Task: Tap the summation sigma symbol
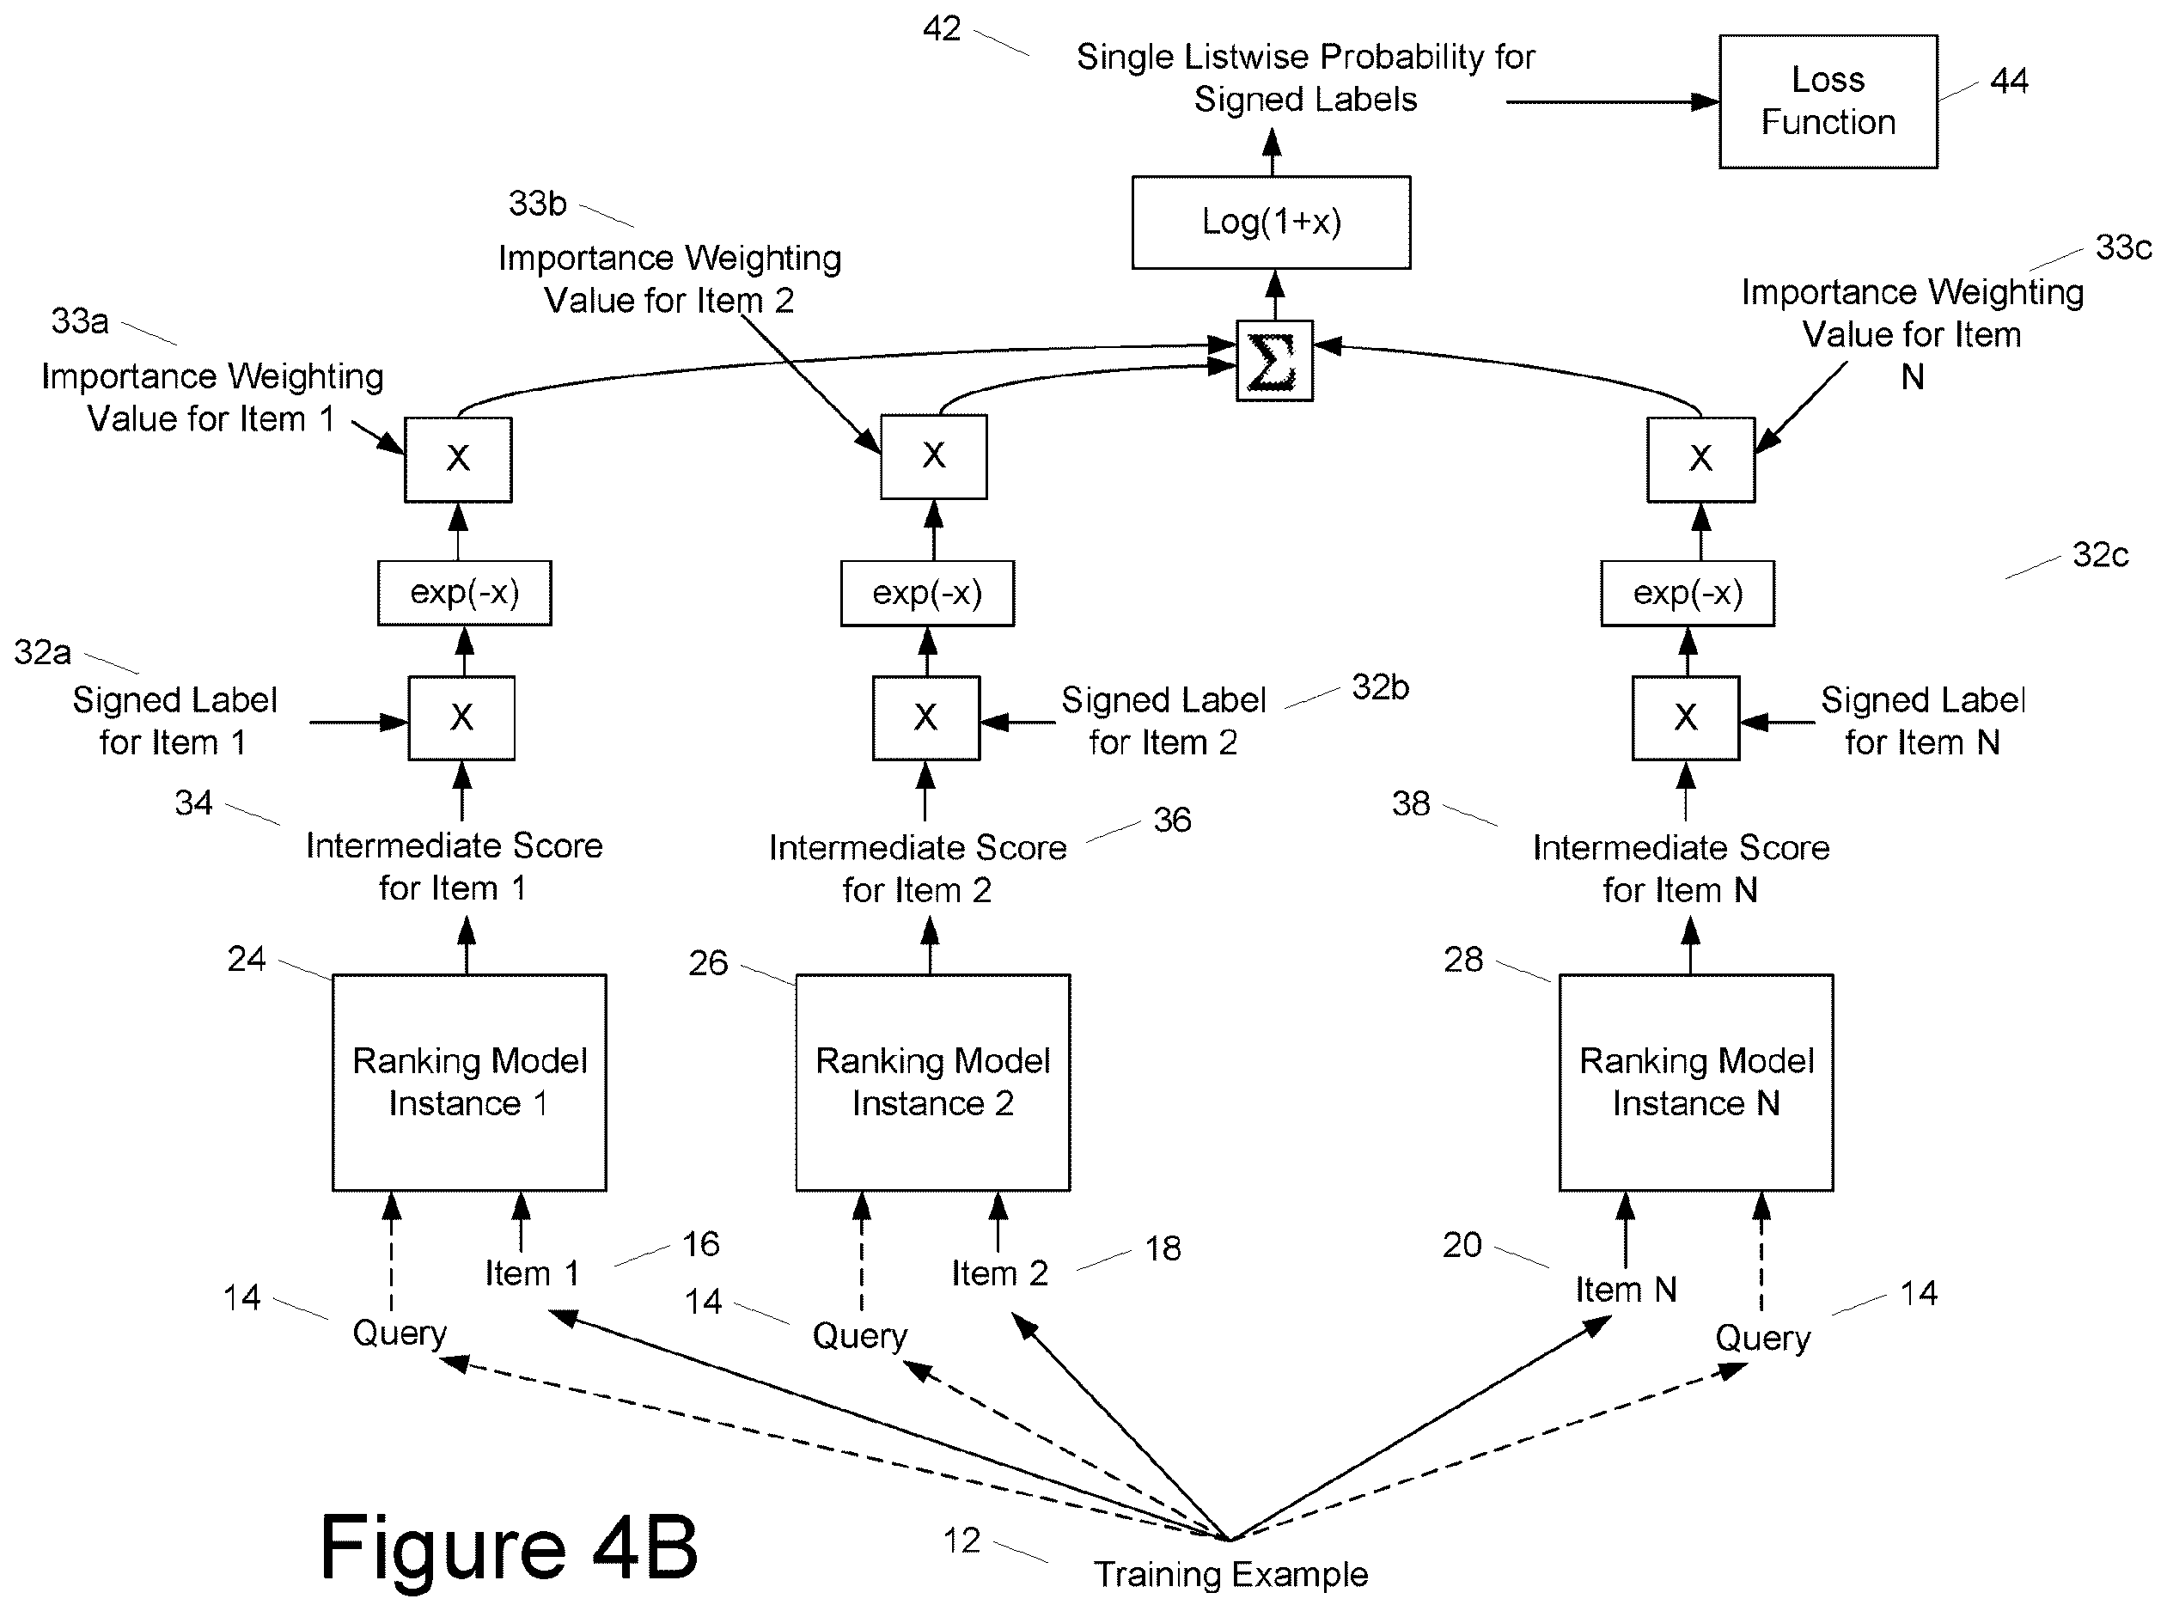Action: pyautogui.click(x=1273, y=361)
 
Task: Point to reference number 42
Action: pyautogui.click(x=941, y=29)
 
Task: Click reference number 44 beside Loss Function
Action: pyautogui.click(x=2008, y=80)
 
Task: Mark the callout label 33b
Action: pyautogui.click(x=537, y=204)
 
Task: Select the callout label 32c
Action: pyautogui.click(x=2100, y=555)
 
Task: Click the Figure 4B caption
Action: pyautogui.click(x=509, y=1547)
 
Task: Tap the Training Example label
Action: pyautogui.click(x=1230, y=1575)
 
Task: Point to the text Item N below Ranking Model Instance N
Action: pyautogui.click(x=1626, y=1289)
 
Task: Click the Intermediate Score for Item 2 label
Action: pyautogui.click(x=918, y=869)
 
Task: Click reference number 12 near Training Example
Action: pyautogui.click(x=961, y=1541)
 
